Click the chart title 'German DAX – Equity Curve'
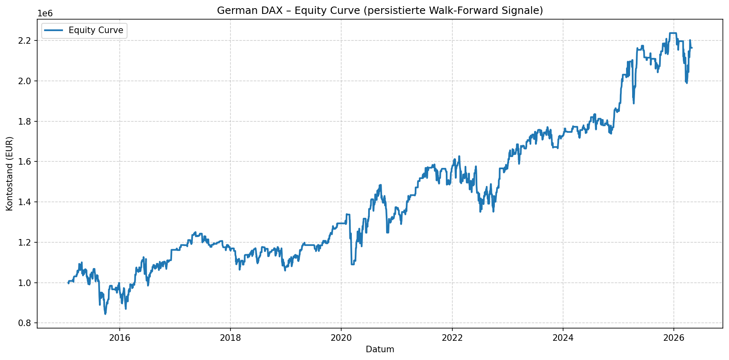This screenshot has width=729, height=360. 380,11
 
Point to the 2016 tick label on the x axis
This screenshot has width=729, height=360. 119,338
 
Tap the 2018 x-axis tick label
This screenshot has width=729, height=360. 230,338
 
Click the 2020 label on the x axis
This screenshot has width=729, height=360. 341,338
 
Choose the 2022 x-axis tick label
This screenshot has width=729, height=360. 452,338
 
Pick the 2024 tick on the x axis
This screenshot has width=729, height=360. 563,338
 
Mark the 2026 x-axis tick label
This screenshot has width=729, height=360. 673,338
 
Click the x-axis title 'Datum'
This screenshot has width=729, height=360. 380,349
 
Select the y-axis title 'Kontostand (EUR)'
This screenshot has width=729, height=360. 10,174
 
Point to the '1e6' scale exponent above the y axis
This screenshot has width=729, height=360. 45,13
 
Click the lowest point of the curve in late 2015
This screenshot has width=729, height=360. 105,314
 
